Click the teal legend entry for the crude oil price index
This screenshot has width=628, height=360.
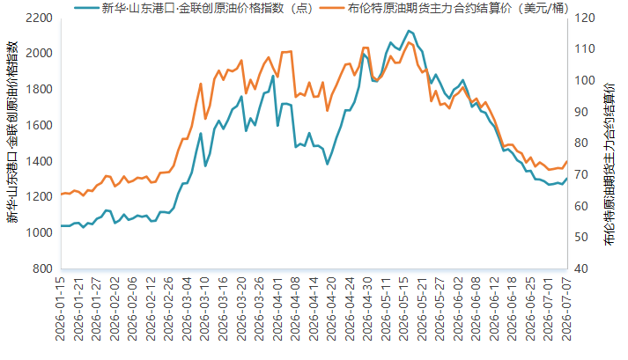pos(193,8)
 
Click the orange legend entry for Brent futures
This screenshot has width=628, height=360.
pos(444,8)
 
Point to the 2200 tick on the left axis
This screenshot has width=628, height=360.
pos(39,18)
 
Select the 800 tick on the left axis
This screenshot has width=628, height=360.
pos(42,268)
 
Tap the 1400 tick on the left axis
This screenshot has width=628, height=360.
pos(39,161)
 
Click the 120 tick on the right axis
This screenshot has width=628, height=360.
pos(584,18)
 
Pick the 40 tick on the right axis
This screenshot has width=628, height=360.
pos(580,268)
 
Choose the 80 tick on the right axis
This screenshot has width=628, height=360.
pos(580,143)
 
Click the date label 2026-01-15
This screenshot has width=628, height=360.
pos(60,309)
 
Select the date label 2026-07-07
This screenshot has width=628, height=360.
pos(566,309)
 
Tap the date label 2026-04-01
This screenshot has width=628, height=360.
pos(277,309)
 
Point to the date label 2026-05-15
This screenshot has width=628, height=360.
pos(403,309)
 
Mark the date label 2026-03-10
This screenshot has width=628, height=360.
pos(204,309)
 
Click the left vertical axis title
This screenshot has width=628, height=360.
pos(12,132)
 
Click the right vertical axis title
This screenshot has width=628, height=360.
pos(610,165)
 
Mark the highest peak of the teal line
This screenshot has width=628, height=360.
pos(409,31)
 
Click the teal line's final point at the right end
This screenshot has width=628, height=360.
pos(567,179)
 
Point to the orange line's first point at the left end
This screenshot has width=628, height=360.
pos(62,195)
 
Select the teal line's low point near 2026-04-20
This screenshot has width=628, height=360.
pos(328,165)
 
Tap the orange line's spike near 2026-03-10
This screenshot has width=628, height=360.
pos(201,84)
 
